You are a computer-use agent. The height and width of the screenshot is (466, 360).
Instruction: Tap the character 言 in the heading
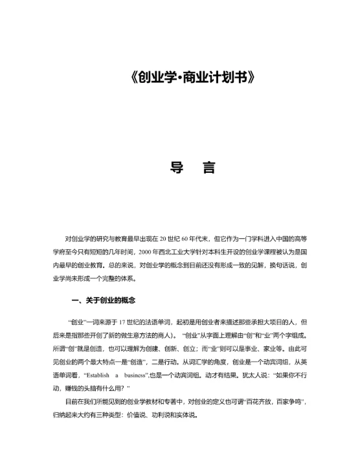(208, 168)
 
